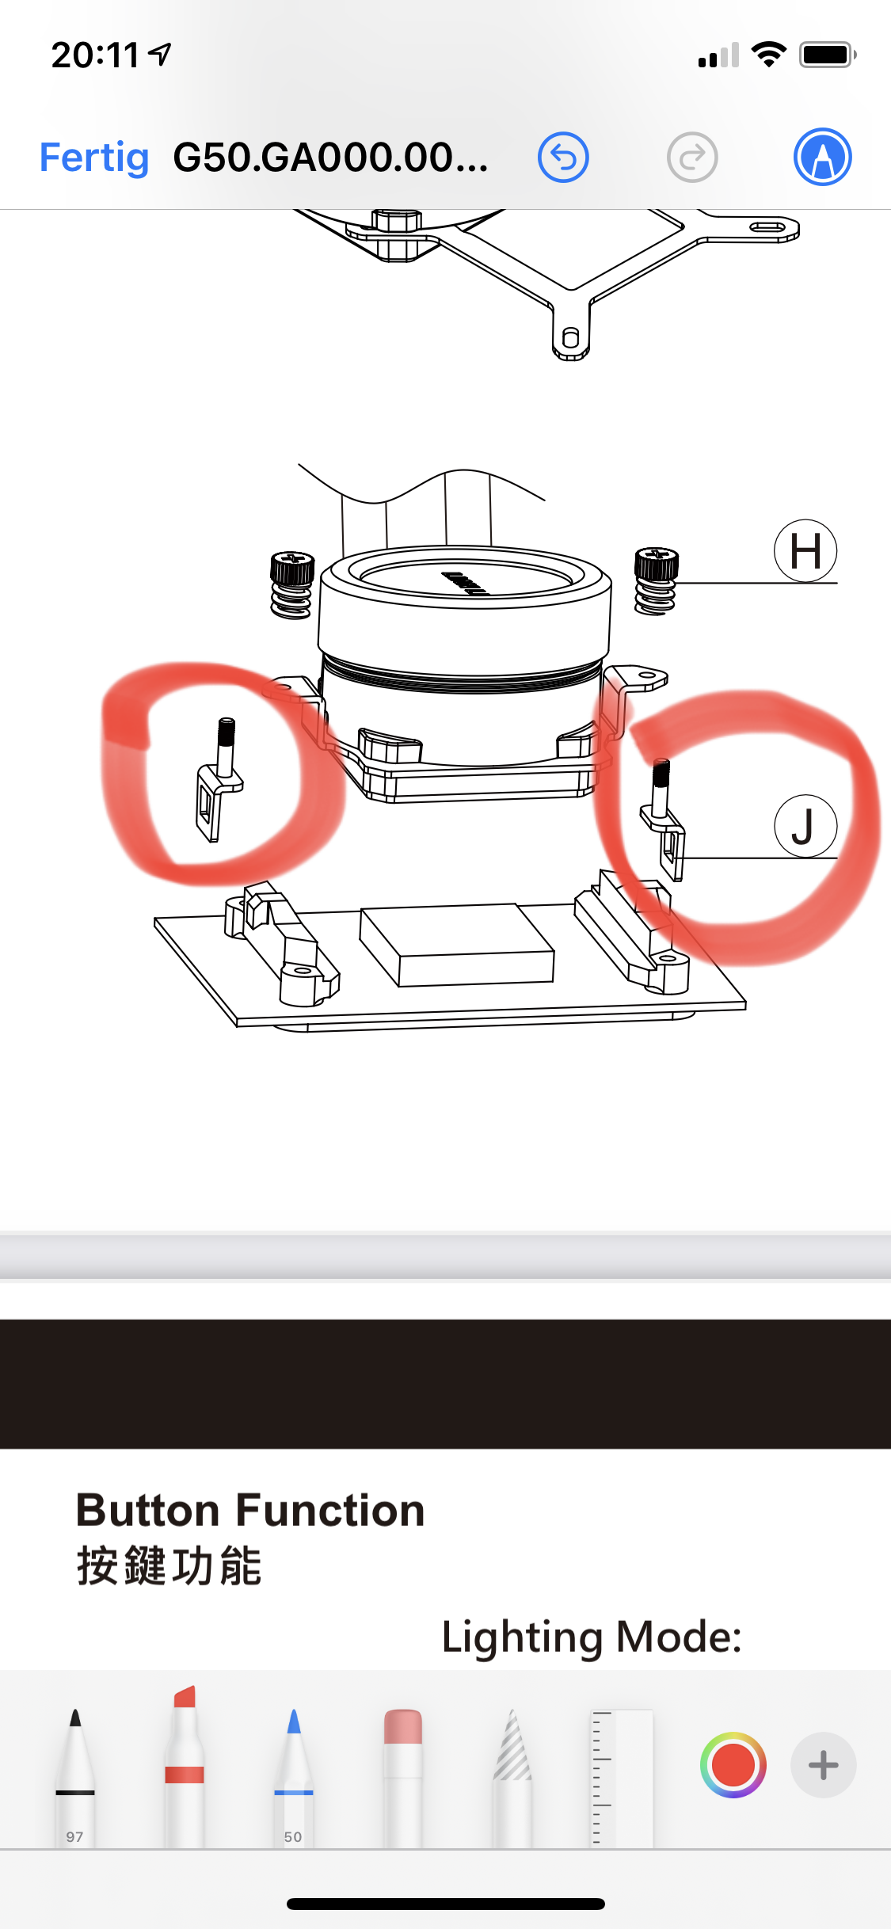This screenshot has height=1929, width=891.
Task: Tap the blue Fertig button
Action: coord(94,158)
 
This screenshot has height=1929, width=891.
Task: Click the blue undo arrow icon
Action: coord(563,157)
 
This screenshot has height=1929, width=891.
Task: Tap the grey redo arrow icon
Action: coord(692,157)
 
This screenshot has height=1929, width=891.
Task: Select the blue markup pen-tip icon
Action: coord(823,157)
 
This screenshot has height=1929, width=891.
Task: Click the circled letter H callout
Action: coord(805,550)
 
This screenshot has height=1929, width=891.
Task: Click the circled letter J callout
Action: coord(805,826)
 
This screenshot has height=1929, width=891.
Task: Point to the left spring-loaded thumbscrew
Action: coord(291,585)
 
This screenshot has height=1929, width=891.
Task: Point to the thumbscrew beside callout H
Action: coord(656,580)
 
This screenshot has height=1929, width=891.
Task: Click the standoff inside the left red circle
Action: coord(218,779)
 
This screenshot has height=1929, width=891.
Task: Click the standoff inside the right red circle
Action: coord(664,819)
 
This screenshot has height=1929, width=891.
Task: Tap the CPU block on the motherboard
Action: coord(457,945)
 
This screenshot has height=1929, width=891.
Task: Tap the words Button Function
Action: coord(250,1510)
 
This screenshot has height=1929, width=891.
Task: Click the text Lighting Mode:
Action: coord(592,1637)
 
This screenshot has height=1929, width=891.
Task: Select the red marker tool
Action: coord(185,1766)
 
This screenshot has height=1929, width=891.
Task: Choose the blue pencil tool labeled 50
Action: coord(293,1778)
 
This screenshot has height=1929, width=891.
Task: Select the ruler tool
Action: coord(622,1778)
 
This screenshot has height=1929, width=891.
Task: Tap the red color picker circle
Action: coord(733,1765)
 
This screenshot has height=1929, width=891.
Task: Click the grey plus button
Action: coord(823,1765)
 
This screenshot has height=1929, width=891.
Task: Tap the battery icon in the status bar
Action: coord(828,55)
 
